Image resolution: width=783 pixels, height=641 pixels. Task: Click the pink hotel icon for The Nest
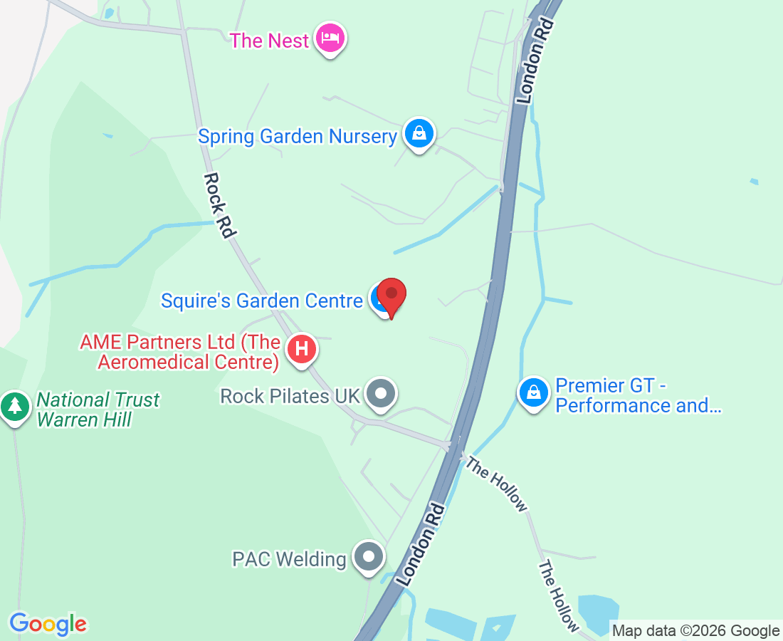330,37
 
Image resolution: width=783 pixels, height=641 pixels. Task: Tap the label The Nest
269,41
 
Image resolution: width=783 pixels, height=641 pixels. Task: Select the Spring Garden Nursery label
298,136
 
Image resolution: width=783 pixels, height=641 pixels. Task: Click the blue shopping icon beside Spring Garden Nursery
419,132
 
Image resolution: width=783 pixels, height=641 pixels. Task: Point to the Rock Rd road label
221,205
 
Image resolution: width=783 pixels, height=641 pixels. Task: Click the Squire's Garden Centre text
261,301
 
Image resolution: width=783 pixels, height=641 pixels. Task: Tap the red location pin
391,296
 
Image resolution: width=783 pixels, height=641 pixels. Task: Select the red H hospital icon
302,350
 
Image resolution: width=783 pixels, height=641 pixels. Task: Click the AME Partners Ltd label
179,352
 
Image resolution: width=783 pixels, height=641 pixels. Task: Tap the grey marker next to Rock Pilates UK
382,393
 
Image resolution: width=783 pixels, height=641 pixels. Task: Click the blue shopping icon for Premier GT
533,391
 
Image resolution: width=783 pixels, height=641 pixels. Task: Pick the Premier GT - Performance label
638,396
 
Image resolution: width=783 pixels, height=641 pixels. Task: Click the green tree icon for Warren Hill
14,406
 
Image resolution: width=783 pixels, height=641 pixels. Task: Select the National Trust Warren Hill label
98,410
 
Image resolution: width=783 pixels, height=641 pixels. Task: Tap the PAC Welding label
289,559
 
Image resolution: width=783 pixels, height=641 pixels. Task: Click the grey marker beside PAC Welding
369,556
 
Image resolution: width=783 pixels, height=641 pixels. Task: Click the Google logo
48,624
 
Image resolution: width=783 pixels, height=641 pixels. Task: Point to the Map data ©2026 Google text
695,630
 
